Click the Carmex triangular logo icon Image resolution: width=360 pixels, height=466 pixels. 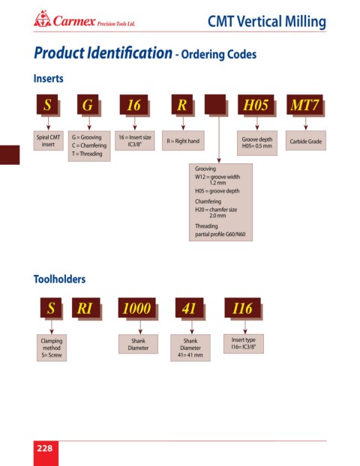click(43, 19)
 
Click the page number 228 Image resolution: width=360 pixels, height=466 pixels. click(45, 448)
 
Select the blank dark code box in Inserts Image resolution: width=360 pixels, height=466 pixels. click(215, 104)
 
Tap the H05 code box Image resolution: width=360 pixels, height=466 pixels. click(256, 105)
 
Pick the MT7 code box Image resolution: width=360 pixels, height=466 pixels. click(304, 105)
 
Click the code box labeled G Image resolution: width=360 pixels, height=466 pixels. click(88, 105)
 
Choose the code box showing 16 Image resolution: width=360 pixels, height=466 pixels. click(134, 105)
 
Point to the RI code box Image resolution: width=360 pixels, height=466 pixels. click(85, 308)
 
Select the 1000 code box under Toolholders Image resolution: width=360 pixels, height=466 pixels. click(136, 308)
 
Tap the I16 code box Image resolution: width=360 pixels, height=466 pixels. click(242, 308)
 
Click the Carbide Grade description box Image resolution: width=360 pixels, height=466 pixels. click(306, 141)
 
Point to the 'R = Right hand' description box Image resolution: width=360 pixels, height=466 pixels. click(183, 141)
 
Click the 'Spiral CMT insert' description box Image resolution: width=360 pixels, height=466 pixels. click(48, 141)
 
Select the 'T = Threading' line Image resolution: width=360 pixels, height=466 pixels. click(87, 154)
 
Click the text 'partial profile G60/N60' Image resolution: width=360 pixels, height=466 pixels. click(220, 234)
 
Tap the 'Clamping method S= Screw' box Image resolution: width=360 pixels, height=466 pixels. click(52, 348)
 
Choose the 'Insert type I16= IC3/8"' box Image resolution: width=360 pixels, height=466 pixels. click(244, 344)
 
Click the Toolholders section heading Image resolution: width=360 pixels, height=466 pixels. click(59, 279)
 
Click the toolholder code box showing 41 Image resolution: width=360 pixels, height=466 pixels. click(189, 308)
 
